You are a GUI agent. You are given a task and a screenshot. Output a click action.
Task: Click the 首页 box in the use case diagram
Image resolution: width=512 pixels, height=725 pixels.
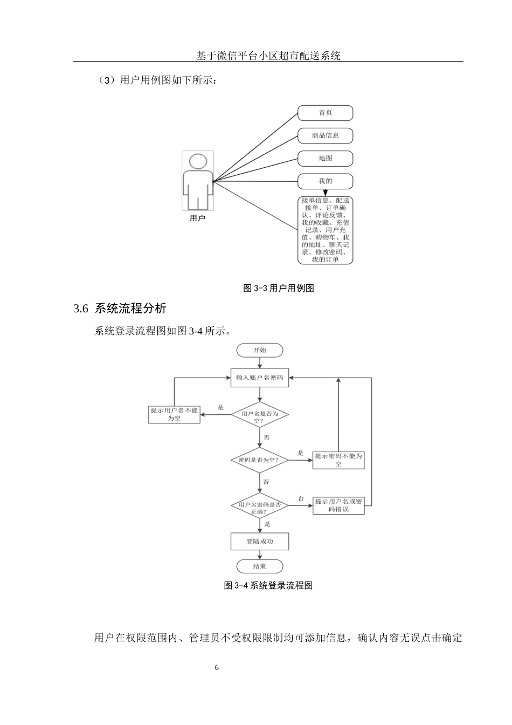pos(325,113)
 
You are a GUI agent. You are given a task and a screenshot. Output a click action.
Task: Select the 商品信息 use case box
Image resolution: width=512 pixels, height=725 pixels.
pos(325,135)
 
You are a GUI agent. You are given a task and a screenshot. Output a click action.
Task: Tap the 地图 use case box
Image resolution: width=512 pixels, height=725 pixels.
pos(325,159)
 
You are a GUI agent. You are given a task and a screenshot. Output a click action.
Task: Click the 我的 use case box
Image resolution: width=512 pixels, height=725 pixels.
pos(325,181)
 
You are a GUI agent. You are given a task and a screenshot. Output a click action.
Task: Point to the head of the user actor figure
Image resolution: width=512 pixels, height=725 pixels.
pos(198,162)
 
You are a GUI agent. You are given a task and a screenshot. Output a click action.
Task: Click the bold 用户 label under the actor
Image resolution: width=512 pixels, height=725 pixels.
pos(197,218)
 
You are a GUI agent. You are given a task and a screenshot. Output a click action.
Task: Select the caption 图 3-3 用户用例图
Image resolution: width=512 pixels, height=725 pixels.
pos(279,288)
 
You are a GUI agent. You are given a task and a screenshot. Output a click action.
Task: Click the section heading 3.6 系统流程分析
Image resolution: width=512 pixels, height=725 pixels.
pos(120,309)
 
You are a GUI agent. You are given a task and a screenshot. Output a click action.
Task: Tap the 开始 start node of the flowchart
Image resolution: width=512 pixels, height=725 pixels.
pos(260,350)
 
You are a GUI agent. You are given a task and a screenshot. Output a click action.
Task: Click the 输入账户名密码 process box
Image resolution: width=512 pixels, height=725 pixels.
pos(260,378)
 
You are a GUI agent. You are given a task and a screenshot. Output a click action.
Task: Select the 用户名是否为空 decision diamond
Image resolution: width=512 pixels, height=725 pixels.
pos(260,415)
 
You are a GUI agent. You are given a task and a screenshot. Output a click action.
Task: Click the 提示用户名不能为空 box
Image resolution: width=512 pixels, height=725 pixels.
pos(174,414)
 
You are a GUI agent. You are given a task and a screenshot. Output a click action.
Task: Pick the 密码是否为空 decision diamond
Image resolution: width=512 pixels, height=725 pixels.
pos(260,460)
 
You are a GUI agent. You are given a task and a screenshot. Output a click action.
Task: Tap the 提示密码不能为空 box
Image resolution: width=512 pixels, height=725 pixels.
pos(338,460)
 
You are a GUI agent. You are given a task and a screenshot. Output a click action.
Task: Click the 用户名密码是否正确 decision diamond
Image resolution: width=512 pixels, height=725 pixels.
pos(260,506)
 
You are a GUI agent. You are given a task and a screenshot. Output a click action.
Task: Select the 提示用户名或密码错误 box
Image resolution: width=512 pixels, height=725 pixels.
pos(338,505)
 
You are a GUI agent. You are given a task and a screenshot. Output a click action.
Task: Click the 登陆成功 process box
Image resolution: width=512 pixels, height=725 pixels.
pos(260,541)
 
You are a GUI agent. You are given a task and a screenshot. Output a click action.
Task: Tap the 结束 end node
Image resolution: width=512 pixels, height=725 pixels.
pos(260,566)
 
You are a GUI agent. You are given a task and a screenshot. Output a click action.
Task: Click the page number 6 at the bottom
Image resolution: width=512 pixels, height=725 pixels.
pos(217,668)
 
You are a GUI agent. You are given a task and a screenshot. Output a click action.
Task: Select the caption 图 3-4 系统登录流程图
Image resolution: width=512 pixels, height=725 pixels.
pos(268,585)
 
